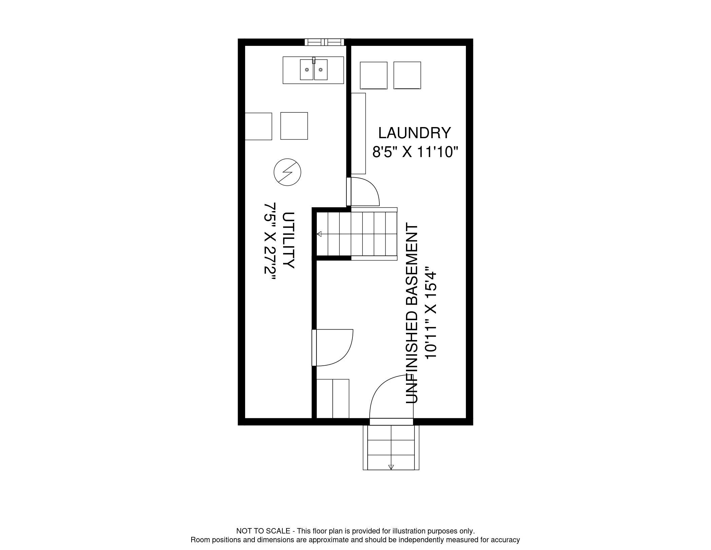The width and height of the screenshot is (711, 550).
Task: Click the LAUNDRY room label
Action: (414, 133)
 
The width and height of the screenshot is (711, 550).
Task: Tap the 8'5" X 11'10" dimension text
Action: (415, 152)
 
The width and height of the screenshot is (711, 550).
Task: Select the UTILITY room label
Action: (288, 240)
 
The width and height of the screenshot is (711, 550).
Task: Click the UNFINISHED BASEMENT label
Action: (412, 313)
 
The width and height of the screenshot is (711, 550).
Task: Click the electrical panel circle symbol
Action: (287, 172)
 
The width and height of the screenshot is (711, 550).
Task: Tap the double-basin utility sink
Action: (313, 70)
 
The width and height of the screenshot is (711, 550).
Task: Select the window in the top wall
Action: (325, 42)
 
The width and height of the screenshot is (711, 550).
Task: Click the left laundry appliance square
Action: (373, 75)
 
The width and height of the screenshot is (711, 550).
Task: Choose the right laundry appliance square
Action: (407, 75)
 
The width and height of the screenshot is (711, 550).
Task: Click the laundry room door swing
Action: (364, 192)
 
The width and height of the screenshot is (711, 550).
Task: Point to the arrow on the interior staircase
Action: (319, 234)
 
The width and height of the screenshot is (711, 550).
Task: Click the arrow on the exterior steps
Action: (391, 467)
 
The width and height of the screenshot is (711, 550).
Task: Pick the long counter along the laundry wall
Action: (358, 133)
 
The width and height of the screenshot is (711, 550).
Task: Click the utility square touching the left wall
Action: (258, 126)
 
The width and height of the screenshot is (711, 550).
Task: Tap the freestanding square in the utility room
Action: (294, 126)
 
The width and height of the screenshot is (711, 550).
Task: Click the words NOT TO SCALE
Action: (263, 531)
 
